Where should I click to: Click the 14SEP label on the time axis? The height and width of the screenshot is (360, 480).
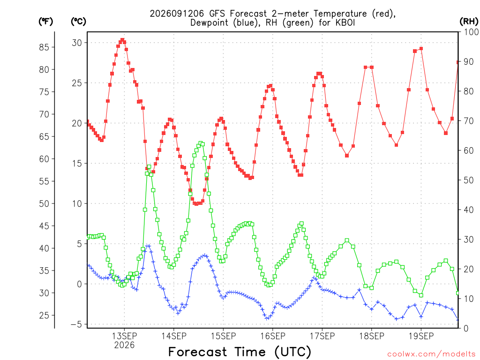tap(174, 336)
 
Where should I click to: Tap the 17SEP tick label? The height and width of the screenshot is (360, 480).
tap(322, 336)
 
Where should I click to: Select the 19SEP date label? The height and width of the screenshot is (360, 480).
tap(421, 336)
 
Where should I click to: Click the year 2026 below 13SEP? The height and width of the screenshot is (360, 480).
tap(124, 345)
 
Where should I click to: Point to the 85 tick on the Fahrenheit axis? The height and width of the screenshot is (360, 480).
tap(44, 47)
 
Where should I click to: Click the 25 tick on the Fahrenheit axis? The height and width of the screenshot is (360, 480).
tap(44, 315)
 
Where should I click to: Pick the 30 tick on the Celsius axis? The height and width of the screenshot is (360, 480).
tap(77, 43)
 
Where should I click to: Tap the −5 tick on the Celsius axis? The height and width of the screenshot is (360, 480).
tap(76, 324)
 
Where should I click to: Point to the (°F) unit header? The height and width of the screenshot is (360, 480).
tap(45, 22)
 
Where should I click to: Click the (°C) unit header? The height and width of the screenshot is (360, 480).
tap(78, 22)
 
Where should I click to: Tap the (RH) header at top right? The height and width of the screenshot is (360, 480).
tap(469, 22)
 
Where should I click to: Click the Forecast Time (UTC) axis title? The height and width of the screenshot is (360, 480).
tap(240, 352)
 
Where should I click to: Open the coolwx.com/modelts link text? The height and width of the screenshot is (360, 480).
tap(431, 354)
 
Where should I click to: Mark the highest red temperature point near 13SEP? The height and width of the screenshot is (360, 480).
tap(122, 40)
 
